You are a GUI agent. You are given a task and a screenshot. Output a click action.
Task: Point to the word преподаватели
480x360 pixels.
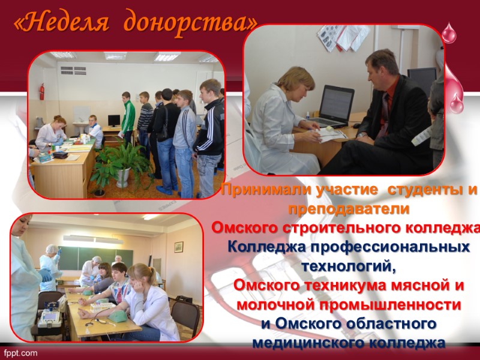click(x=349, y=209)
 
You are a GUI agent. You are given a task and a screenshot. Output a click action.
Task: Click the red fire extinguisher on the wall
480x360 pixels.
click(x=41, y=93)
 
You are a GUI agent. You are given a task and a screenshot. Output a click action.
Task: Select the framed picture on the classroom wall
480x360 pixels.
click(x=178, y=247)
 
